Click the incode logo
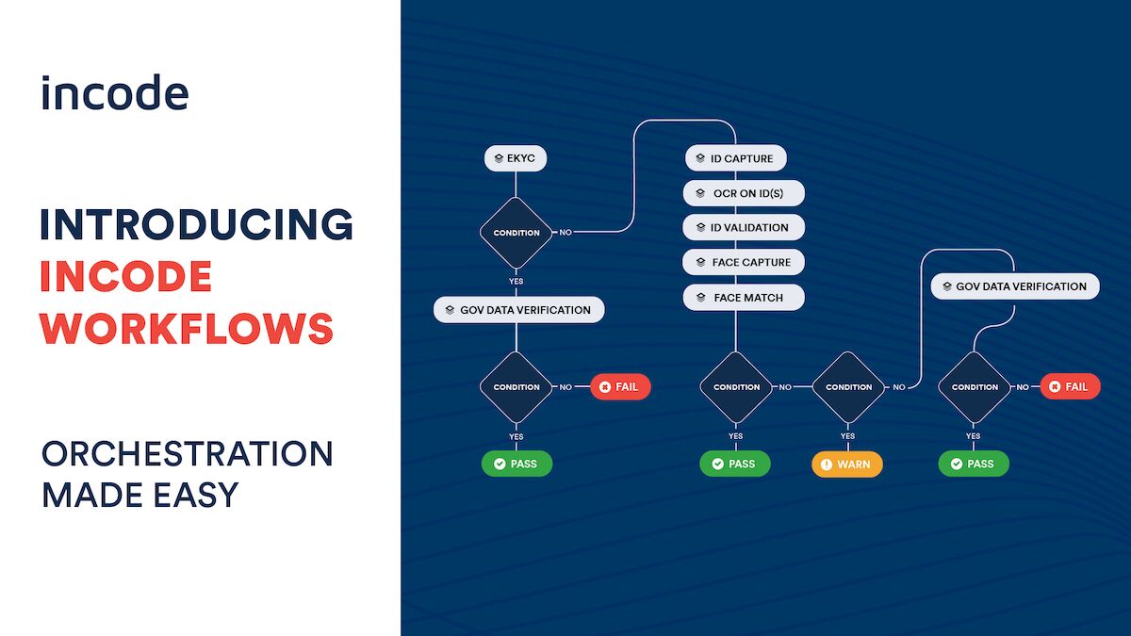tap(114, 93)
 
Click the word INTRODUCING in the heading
tap(196, 224)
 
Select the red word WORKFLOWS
tap(187, 328)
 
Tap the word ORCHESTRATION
tap(187, 453)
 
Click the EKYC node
tap(516, 158)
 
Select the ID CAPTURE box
tap(735, 158)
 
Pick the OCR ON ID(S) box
tap(744, 193)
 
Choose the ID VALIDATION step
tap(744, 227)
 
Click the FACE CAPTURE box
tap(744, 262)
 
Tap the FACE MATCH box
tap(744, 298)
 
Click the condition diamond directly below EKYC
tap(516, 233)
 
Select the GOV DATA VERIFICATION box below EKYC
tap(518, 309)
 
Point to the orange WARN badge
tap(847, 465)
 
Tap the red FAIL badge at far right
tap(1070, 386)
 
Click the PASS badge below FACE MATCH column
tap(734, 464)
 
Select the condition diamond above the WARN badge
tap(848, 386)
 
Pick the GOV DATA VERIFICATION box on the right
tap(1015, 286)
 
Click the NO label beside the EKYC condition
tap(565, 233)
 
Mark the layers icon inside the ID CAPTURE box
tap(699, 158)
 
